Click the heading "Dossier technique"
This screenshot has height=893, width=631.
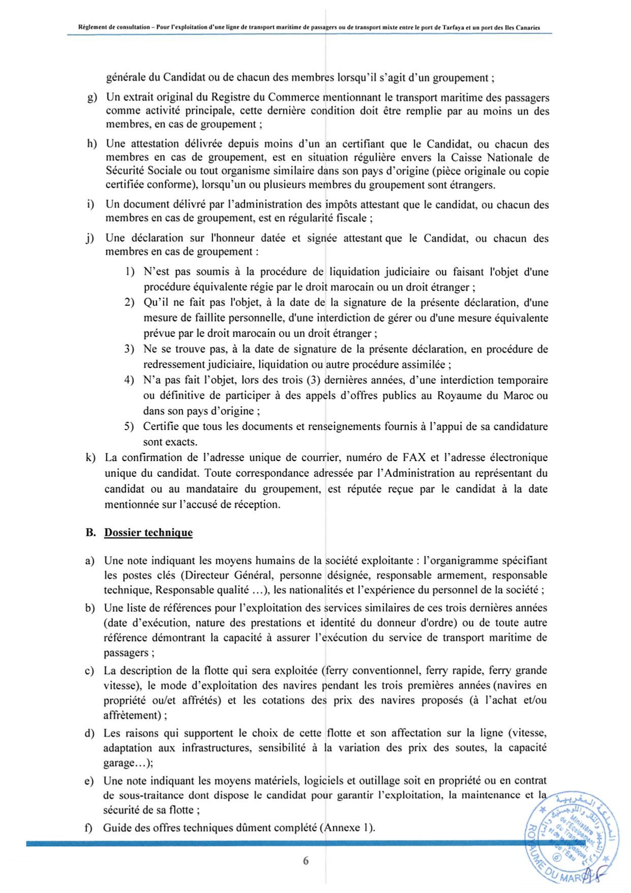[x=148, y=533]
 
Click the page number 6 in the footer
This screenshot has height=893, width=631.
[x=305, y=861]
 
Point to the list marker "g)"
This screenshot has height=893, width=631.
[x=92, y=97]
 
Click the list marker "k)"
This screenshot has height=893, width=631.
[x=91, y=458]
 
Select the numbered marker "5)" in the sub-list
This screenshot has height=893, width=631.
[x=129, y=426]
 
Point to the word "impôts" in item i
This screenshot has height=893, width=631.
[x=340, y=205]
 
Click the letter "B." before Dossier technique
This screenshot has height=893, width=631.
[x=91, y=533]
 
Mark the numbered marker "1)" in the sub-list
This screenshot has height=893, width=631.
[x=130, y=272]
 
